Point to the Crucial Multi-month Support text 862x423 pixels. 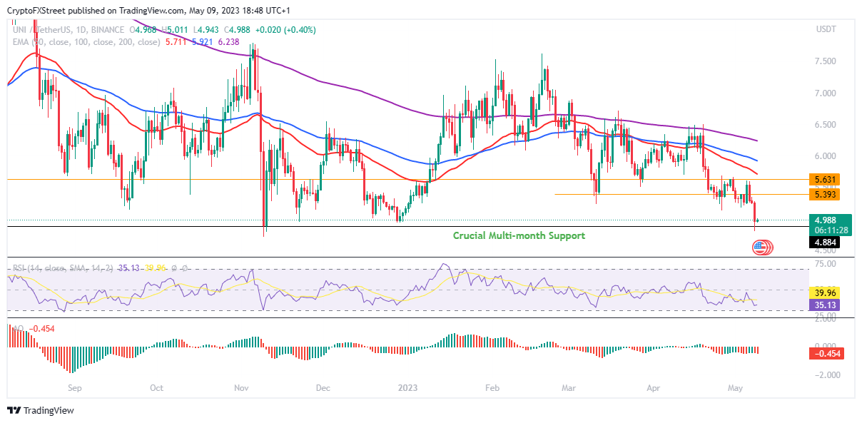tap(519, 235)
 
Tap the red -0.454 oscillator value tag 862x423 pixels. tap(828, 353)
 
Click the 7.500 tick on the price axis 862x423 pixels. tap(826, 61)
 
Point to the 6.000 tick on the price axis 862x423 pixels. tap(826, 156)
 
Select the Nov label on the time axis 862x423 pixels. tap(240, 389)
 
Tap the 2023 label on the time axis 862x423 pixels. tap(409, 389)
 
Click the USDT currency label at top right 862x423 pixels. tap(826, 29)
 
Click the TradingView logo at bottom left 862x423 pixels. tap(41, 411)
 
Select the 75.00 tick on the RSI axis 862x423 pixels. tap(826, 263)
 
